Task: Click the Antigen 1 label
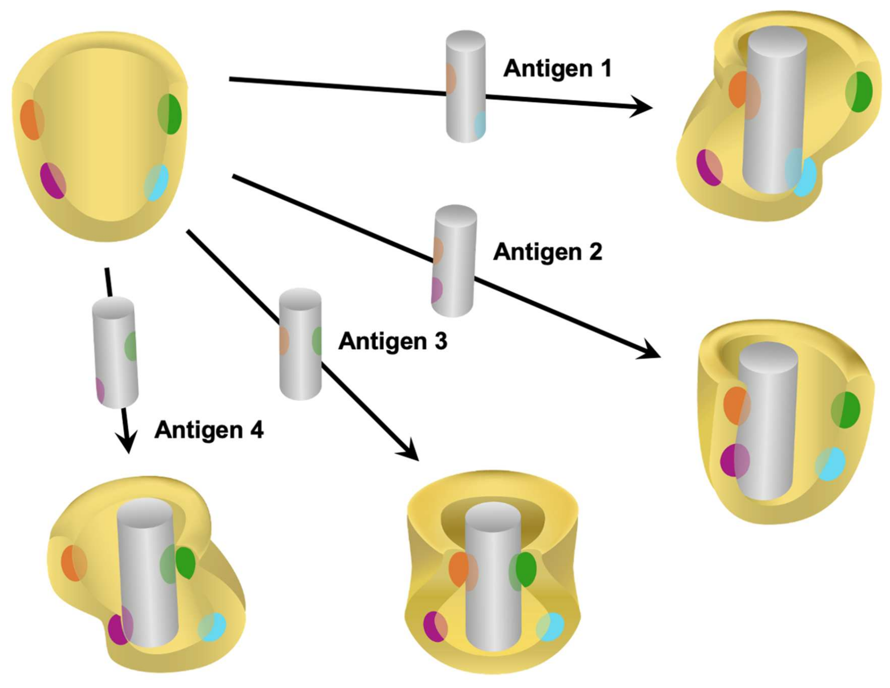coord(557,68)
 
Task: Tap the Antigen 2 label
coord(548,252)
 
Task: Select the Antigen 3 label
coord(393,341)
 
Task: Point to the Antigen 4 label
coord(209,430)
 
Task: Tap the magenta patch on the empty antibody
coord(53,180)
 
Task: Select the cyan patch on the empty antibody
coord(157,183)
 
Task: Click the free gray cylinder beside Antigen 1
coord(466,86)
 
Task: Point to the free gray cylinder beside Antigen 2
coord(454,260)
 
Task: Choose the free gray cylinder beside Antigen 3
coord(300,344)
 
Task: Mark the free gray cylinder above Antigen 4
coord(115,352)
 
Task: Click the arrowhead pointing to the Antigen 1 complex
coord(643,107)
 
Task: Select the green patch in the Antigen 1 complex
coord(859,92)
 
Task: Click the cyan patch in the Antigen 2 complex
coord(830,464)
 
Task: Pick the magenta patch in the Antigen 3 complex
coord(435,627)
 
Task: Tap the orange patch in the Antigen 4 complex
coord(74,563)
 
